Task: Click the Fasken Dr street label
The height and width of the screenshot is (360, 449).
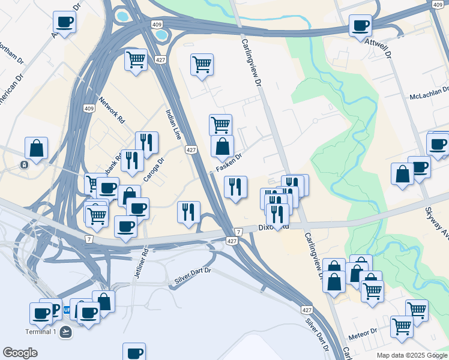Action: click(229, 164)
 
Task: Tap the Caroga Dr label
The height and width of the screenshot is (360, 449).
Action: click(154, 170)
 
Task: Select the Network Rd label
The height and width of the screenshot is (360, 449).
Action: click(112, 110)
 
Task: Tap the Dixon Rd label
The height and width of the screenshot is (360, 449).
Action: click(275, 227)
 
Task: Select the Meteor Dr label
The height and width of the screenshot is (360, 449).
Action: click(365, 331)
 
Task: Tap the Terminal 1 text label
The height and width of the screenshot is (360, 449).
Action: click(41, 332)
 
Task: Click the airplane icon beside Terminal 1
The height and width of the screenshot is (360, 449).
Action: click(66, 332)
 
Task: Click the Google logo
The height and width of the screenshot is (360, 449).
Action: click(20, 353)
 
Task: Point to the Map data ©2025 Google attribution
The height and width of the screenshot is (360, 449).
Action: click(412, 355)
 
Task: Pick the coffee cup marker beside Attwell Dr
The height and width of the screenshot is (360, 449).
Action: click(360, 26)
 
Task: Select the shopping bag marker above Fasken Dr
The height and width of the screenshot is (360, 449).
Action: click(222, 146)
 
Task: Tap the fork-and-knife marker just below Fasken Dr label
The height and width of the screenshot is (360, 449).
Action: click(235, 187)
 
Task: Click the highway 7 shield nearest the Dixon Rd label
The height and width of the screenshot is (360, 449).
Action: click(238, 232)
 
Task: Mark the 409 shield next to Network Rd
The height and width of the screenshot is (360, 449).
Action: click(89, 109)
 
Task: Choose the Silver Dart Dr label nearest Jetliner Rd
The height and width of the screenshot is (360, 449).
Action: click(193, 274)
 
